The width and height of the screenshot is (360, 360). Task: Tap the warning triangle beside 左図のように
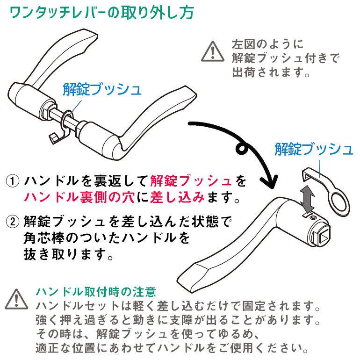point(213,51)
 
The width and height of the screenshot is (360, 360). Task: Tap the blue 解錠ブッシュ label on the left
point(101,89)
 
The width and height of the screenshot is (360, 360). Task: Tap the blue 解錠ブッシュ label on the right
point(314,150)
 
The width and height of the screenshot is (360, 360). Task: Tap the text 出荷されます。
point(271,74)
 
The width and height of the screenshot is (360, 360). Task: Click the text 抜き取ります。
point(69,255)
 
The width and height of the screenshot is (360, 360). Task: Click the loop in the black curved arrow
point(243,151)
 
